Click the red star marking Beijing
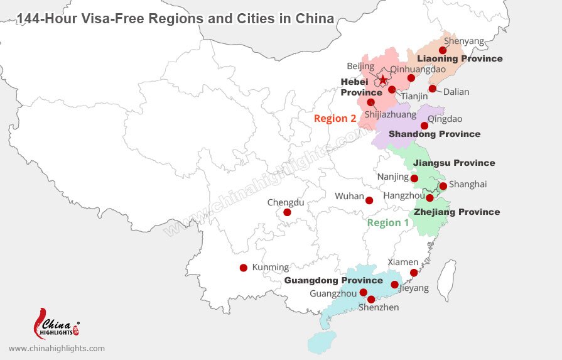pos(383,80)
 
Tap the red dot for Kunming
pos(244,268)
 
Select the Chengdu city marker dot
pos(287,212)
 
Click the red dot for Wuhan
pos(369,201)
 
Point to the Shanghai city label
pos(468,185)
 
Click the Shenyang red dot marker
pos(443,50)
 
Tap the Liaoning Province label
pos(460,58)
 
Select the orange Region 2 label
pos(335,118)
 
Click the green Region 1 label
pos(387,222)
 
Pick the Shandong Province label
pos(435,134)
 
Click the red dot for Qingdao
pos(424,126)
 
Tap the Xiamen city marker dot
pos(413,273)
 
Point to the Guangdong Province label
pos(333,280)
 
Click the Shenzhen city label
pos(379,307)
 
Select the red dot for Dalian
pos(433,89)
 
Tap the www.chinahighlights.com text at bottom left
pos(57,348)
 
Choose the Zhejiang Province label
pos(457,212)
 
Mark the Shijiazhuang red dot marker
pos(370,102)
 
